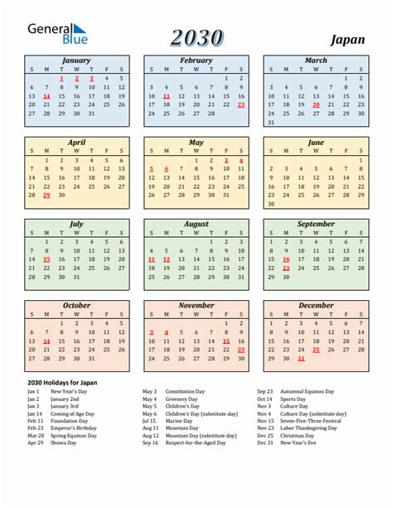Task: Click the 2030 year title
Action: pos(196,37)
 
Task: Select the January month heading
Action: pos(76,60)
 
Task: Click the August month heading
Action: pos(196,224)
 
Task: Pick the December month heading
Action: pos(316,305)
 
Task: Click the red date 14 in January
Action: pos(46,96)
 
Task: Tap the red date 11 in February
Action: pos(167,96)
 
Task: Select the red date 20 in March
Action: pos(316,105)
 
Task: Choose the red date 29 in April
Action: pos(46,196)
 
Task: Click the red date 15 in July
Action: pos(46,259)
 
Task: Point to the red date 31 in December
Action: pos(301,359)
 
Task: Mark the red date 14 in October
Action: pos(46,341)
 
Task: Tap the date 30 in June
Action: pos(271,204)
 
